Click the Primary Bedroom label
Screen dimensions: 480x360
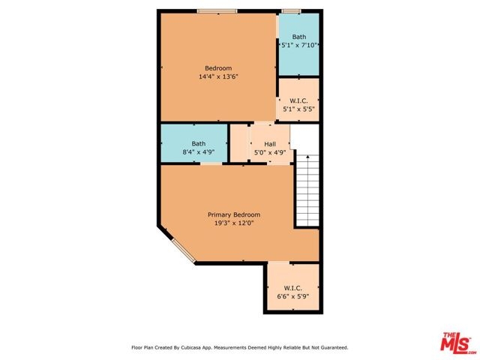234,214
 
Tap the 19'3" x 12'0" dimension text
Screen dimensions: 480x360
234,223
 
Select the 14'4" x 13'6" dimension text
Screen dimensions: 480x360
218,76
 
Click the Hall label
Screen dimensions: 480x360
270,144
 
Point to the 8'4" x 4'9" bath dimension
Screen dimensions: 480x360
198,151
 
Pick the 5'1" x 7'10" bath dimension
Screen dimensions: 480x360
298,45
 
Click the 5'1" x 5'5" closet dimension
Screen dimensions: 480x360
298,109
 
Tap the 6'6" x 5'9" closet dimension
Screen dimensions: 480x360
293,296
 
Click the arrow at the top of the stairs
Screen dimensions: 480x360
307,157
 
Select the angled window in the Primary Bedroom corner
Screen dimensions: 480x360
184,251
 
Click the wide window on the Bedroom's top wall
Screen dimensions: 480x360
217,11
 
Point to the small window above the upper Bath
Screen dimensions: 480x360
291,11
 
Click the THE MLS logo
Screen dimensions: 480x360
456,343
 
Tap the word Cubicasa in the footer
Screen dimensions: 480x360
192,348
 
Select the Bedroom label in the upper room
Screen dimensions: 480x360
218,68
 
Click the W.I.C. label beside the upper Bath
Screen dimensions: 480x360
298,100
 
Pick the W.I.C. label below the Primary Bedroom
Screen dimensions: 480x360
293,288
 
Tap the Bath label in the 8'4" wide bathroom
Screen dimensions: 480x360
198,143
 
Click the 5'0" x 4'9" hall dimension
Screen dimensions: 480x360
270,152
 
